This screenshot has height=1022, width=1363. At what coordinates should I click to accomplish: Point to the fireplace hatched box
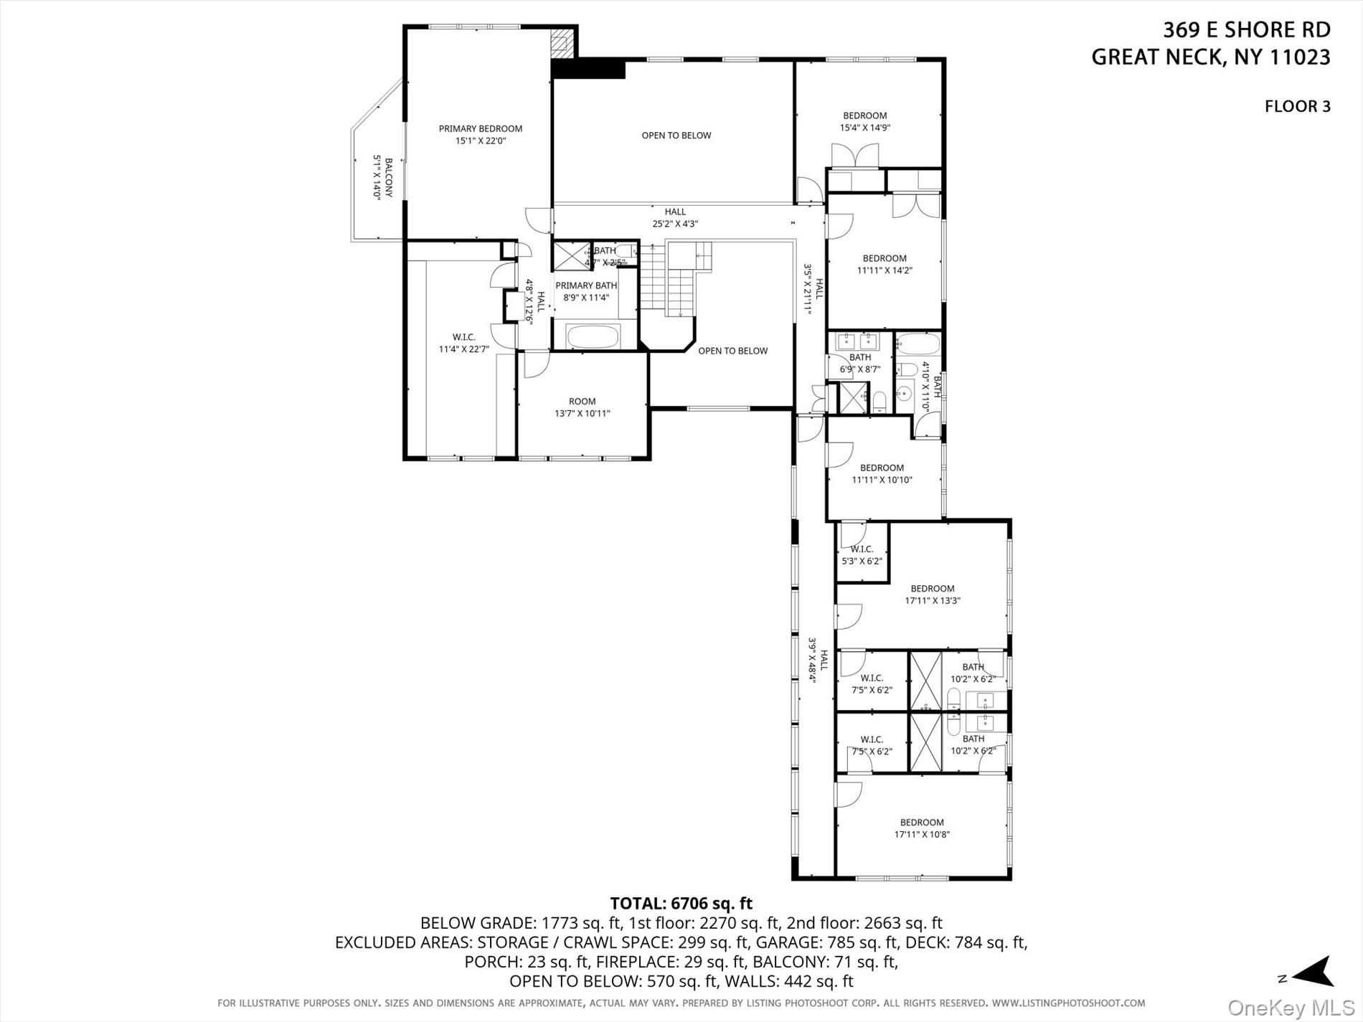click(x=562, y=44)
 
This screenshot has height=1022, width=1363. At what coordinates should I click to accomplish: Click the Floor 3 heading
click(x=1297, y=107)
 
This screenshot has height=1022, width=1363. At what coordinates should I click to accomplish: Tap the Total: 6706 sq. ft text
click(x=681, y=904)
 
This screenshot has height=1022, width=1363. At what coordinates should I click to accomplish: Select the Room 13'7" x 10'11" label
click(x=582, y=407)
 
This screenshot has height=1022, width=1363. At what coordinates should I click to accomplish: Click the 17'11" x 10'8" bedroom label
click(x=922, y=828)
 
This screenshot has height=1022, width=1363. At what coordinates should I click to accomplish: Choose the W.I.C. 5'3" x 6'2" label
click(x=862, y=555)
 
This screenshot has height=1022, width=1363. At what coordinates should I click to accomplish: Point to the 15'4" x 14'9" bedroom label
click(x=864, y=121)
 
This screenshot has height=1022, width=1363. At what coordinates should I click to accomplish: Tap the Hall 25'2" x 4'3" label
click(x=675, y=217)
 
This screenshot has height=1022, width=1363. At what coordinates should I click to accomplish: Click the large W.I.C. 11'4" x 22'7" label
click(x=463, y=343)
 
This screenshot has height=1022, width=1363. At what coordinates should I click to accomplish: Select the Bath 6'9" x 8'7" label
click(x=859, y=363)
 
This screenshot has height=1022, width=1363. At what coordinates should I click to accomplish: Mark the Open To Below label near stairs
click(x=732, y=351)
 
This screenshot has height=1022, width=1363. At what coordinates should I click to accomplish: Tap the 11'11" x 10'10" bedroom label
click(x=882, y=474)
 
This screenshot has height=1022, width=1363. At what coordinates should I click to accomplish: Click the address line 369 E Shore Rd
click(x=1246, y=30)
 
